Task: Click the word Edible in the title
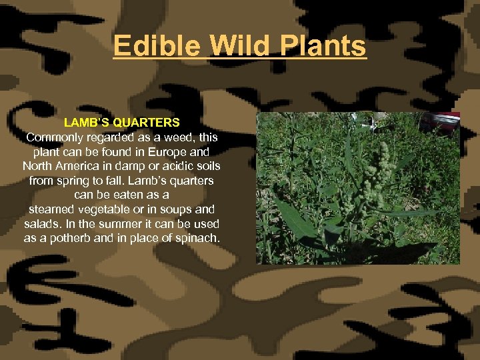(x=156, y=46)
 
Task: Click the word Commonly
(x=55, y=137)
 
